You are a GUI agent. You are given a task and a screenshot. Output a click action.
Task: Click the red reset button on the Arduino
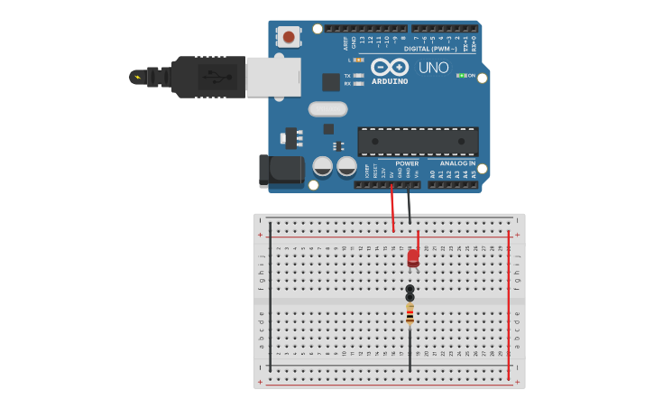289,37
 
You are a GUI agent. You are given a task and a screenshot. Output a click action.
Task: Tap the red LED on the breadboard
413,257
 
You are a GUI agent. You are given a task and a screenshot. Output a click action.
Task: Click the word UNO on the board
433,68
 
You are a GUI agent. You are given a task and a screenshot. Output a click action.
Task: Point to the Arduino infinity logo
390,67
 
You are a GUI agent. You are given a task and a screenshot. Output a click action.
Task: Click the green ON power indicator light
462,76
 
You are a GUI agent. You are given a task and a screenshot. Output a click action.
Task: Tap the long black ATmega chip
418,141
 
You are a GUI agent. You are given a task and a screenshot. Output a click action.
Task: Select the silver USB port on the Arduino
273,77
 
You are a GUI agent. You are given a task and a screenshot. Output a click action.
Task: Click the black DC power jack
281,171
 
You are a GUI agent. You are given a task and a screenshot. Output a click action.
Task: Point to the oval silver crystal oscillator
327,109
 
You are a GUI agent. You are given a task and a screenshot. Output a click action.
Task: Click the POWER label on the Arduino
407,163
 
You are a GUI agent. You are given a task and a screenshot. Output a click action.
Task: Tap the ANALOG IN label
457,163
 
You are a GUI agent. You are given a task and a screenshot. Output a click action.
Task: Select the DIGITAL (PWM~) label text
430,49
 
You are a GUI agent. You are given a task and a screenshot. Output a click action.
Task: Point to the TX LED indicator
358,76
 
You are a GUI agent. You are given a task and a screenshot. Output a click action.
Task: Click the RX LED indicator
358,84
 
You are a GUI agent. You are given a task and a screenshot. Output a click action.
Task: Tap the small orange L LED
358,60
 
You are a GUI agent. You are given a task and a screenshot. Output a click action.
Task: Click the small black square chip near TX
331,82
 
